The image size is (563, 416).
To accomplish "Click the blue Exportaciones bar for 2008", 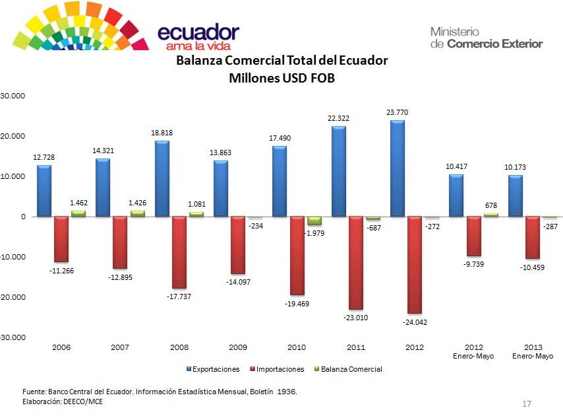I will (162, 178).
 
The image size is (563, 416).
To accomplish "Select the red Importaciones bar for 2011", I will (355, 263).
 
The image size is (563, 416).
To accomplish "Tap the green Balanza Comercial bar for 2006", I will (78, 213).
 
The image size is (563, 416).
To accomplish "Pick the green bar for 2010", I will (314, 221).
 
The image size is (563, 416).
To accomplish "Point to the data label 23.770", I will (397, 113).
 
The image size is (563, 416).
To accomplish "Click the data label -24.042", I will (414, 322).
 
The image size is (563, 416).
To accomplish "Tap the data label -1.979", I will (314, 232).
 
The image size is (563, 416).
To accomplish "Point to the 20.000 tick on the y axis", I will (13, 136).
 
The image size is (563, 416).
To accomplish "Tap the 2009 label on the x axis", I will (238, 347).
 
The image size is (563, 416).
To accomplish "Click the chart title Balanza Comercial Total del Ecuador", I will (281, 61).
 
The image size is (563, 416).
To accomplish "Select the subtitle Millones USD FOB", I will (281, 78).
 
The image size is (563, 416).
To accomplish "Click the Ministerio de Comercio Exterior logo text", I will (486, 38).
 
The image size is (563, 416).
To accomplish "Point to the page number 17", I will (526, 403).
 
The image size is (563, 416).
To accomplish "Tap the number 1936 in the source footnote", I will (285, 392).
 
